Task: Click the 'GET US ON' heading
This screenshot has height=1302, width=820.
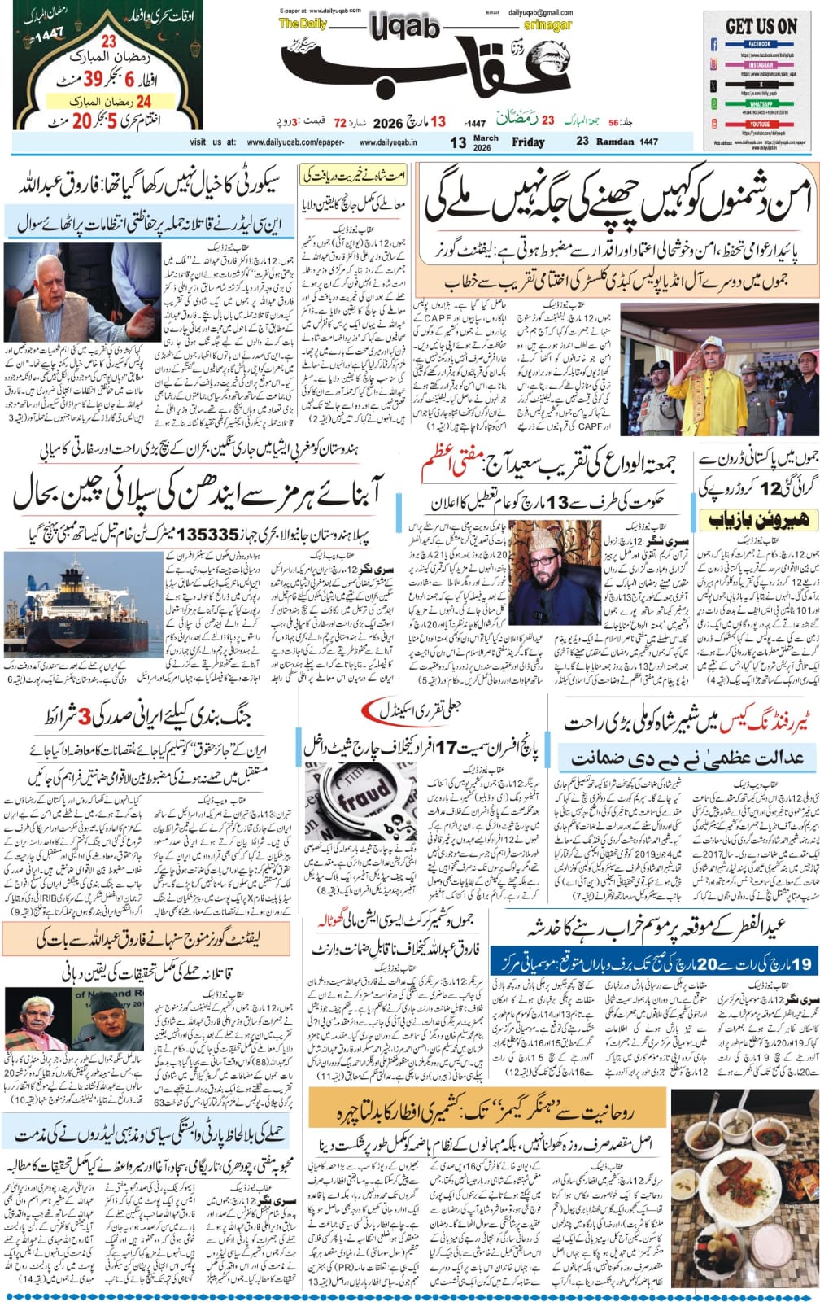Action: click(760, 26)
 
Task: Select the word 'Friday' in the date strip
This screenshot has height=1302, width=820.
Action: click(528, 142)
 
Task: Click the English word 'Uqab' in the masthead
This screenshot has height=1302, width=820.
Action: click(404, 28)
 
